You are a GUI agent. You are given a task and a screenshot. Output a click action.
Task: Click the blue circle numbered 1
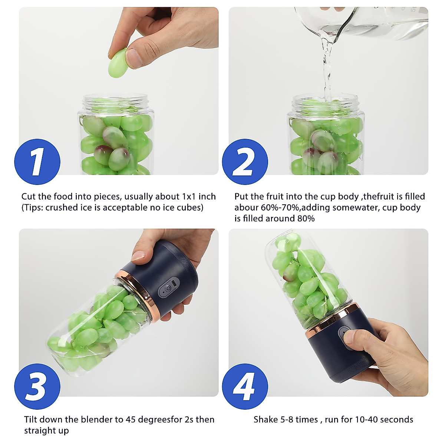point(37,162)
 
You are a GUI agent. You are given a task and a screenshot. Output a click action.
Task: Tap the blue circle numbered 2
point(245,162)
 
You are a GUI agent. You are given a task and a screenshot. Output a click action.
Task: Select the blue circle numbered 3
point(37,386)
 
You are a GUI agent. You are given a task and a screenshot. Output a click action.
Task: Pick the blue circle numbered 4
point(245,386)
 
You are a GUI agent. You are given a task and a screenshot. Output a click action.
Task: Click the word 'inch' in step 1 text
point(207,197)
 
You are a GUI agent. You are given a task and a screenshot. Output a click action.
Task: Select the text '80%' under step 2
point(306,218)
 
